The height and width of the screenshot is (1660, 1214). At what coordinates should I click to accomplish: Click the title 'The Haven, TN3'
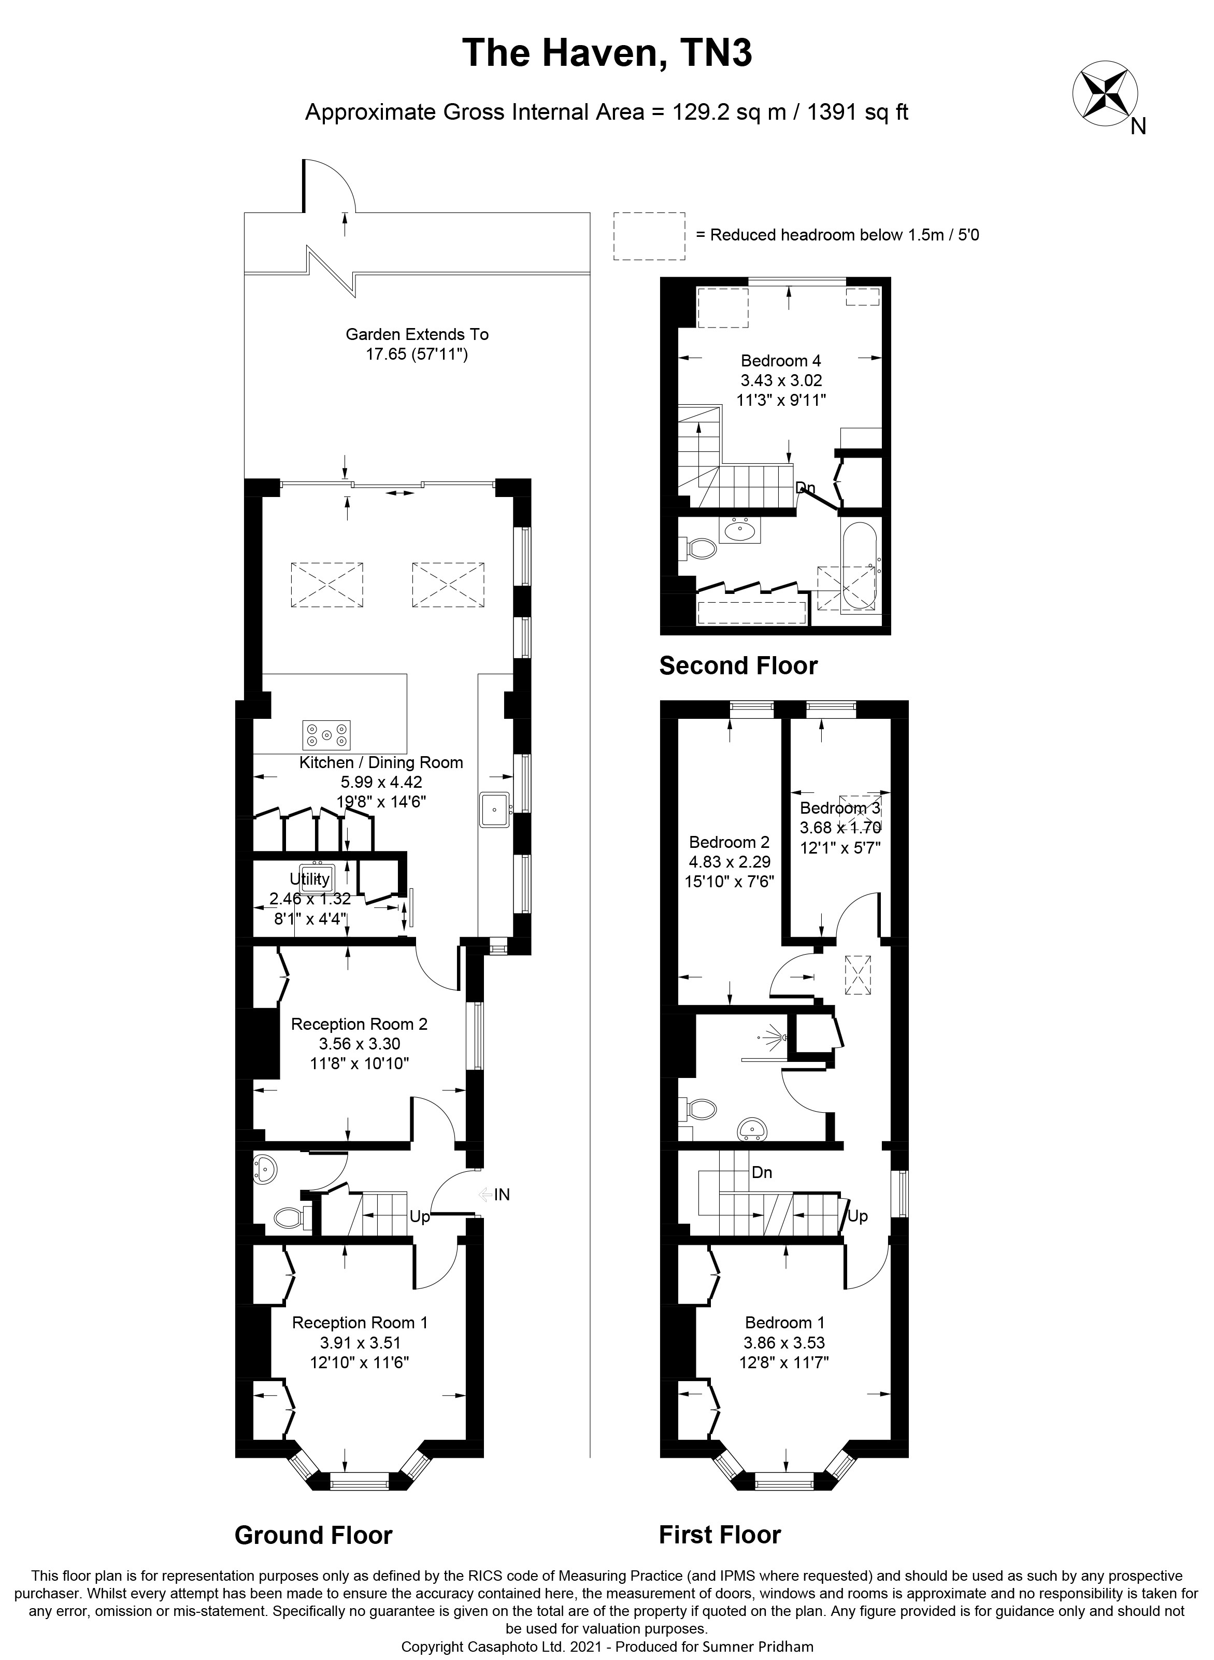pyautogui.click(x=607, y=54)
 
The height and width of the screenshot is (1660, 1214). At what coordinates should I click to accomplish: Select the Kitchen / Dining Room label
pyautogui.click(x=381, y=762)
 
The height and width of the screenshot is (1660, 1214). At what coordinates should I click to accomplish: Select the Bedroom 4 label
pyautogui.click(x=780, y=361)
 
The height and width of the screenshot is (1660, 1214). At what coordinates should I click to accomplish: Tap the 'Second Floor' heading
pyautogui.click(x=738, y=666)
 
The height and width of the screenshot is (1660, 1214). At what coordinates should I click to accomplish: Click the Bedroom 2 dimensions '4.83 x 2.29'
pyautogui.click(x=730, y=862)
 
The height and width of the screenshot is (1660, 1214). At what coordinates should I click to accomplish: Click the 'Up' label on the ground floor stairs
pyautogui.click(x=420, y=1217)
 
